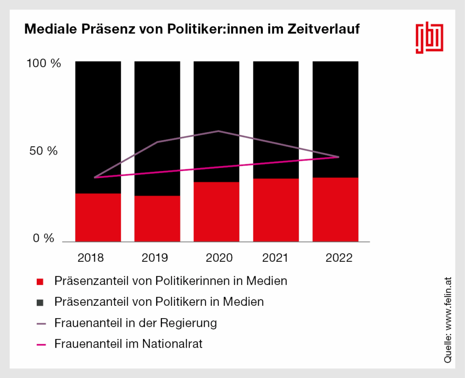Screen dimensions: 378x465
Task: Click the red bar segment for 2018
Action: (x=98, y=217)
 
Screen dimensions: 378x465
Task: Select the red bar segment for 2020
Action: (x=217, y=211)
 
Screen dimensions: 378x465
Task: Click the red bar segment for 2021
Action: (x=276, y=210)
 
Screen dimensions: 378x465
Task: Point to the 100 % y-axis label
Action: (x=44, y=64)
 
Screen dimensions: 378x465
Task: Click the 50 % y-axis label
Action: (x=44, y=151)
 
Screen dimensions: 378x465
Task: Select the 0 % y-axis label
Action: (x=44, y=238)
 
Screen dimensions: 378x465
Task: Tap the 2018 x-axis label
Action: (x=91, y=258)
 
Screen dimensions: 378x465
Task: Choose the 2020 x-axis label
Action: (x=219, y=258)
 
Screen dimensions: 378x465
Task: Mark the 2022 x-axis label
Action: (x=339, y=258)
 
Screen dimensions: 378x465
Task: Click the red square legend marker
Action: (x=40, y=282)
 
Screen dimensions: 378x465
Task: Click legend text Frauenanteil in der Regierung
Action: (x=135, y=324)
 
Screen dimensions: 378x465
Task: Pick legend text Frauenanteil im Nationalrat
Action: (x=129, y=344)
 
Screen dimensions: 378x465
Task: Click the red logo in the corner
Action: (x=430, y=37)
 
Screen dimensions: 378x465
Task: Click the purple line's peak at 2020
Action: (x=218, y=131)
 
